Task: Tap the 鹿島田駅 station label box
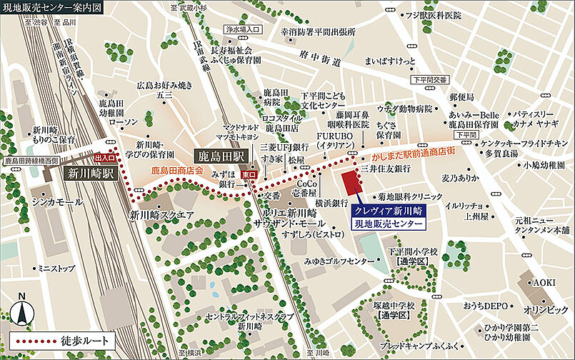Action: click(220, 155)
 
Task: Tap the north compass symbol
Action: click(22, 309)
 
